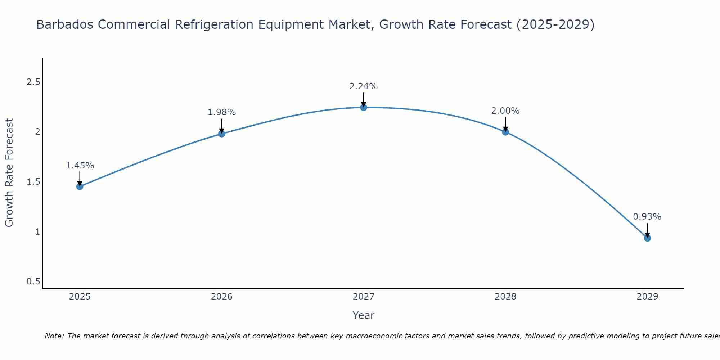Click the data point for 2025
[80, 186]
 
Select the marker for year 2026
[222, 134]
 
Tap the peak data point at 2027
[364, 107]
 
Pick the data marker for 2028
[505, 132]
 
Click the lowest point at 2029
[647, 238]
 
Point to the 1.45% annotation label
[80, 166]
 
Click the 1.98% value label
[222, 112]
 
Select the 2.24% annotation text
[364, 86]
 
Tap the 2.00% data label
[505, 111]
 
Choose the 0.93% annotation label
[647, 217]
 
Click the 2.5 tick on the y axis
[33, 82]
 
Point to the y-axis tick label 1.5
[33, 182]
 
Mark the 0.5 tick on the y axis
[33, 282]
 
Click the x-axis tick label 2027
[364, 297]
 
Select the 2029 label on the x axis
[647, 297]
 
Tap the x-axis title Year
[364, 315]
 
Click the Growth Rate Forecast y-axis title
[9, 173]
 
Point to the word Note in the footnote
[54, 336]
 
